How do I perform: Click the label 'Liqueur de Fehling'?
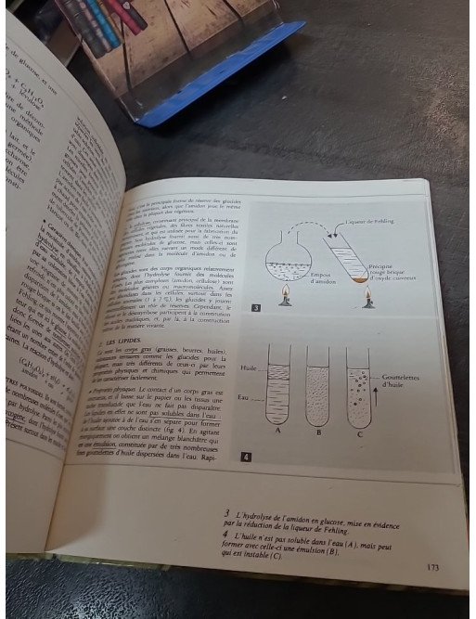405,222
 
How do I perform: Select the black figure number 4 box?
245,457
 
